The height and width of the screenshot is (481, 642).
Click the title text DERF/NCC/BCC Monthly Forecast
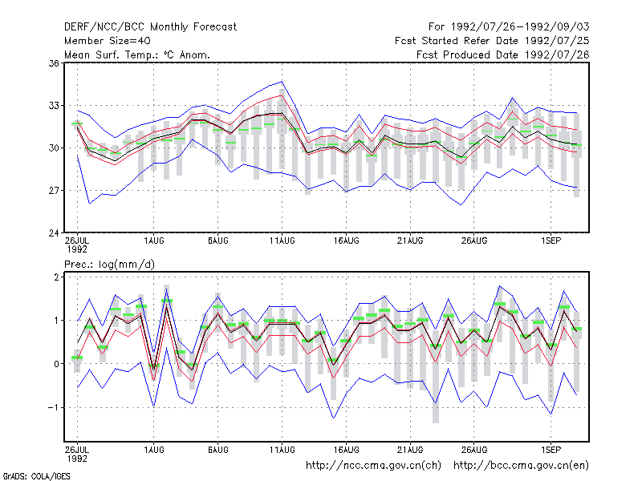[x=150, y=27]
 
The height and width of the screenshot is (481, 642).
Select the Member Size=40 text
[x=108, y=41]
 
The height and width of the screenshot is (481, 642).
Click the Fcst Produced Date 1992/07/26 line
[x=503, y=55]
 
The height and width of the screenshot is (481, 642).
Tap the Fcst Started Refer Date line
[x=492, y=41]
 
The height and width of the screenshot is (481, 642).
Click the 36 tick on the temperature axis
[x=54, y=63]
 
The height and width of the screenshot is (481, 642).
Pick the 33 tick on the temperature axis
[x=54, y=106]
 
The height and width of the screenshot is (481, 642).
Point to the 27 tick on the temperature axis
[x=54, y=191]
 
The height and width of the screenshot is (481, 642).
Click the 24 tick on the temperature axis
[x=54, y=233]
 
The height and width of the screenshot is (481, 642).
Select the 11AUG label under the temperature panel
[x=282, y=241]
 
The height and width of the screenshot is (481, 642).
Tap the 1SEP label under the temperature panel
[x=551, y=241]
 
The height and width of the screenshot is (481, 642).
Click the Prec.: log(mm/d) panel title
[x=109, y=265]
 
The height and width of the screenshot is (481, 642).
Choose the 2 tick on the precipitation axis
[x=56, y=277]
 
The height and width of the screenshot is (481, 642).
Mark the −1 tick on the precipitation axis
[x=54, y=408]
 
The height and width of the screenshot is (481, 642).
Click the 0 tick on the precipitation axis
[x=56, y=364]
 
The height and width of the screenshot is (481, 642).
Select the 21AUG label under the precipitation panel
[x=410, y=450]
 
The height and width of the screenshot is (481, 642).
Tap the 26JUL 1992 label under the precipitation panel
[x=77, y=454]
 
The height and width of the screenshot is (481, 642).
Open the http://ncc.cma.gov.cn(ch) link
[x=373, y=466]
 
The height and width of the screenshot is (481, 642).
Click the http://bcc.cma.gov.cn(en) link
[x=521, y=466]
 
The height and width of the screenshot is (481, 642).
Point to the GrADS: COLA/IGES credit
[x=36, y=476]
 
